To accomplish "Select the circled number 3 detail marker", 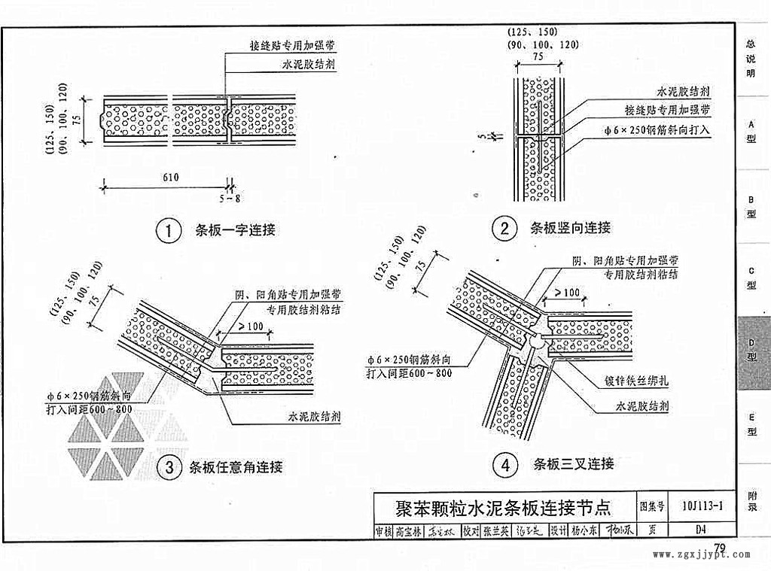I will coord(169,468).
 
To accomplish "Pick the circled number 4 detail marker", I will coord(504,465).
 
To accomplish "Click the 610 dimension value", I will coord(169,178).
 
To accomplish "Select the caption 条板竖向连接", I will coord(570,228).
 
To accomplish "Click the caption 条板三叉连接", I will coord(574,463).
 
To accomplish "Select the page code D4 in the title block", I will coord(700,529).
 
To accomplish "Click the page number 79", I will coord(720,547).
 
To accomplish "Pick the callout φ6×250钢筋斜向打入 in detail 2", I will coord(657,130).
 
